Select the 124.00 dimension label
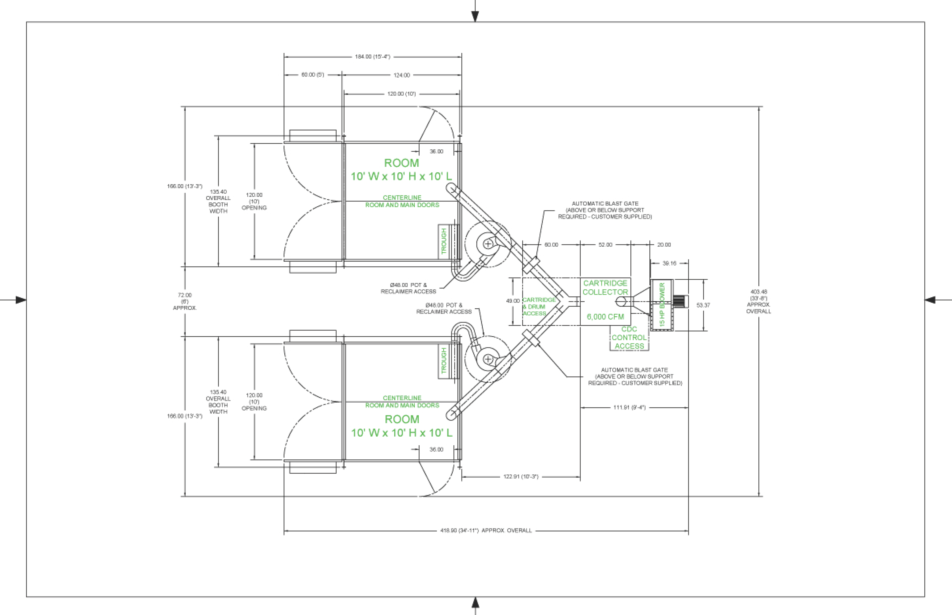click(402, 75)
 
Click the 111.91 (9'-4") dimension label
click(629, 407)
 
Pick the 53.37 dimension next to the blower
click(703, 305)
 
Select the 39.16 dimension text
click(669, 263)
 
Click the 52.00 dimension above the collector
click(605, 244)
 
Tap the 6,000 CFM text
click(605, 317)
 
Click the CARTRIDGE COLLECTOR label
click(605, 288)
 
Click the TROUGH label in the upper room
click(443, 241)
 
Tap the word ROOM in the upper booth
click(402, 163)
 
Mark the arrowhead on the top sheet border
click(475, 16)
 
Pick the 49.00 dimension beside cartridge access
click(513, 301)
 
